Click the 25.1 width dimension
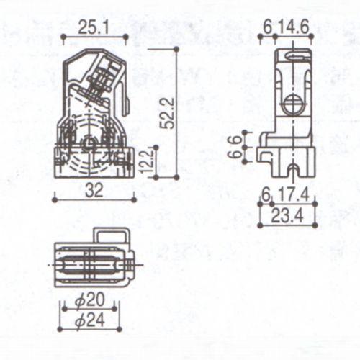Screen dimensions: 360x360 (x=94, y=27)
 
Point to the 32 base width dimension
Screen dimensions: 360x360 (x=94, y=190)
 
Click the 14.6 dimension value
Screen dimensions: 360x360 (x=296, y=27)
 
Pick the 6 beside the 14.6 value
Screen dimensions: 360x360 (x=268, y=27)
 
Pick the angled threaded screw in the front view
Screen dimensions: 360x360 (x=105, y=79)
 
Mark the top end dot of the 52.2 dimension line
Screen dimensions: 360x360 (x=176, y=48)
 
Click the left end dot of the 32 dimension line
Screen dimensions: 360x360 (x=54, y=199)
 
